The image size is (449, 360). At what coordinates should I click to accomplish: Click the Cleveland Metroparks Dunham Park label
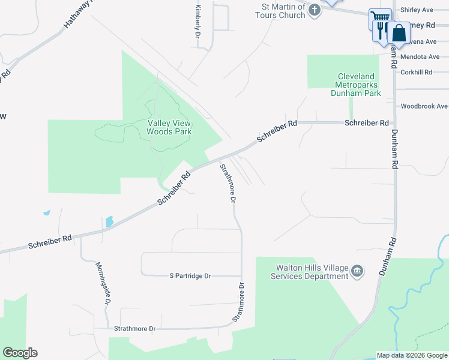coord(356,85)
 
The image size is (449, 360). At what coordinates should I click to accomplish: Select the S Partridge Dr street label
coord(190,276)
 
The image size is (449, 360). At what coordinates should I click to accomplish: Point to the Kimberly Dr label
coord(197,22)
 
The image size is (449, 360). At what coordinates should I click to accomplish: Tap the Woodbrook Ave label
coord(424,106)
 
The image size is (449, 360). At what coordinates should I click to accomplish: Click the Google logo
coord(20,353)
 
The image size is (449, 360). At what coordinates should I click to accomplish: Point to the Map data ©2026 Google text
coord(412,355)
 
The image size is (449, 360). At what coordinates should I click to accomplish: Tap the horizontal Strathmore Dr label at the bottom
coord(135,329)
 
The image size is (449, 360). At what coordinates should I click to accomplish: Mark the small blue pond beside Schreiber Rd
coord(109,221)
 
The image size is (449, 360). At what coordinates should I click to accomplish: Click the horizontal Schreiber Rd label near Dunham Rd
coord(366,122)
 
